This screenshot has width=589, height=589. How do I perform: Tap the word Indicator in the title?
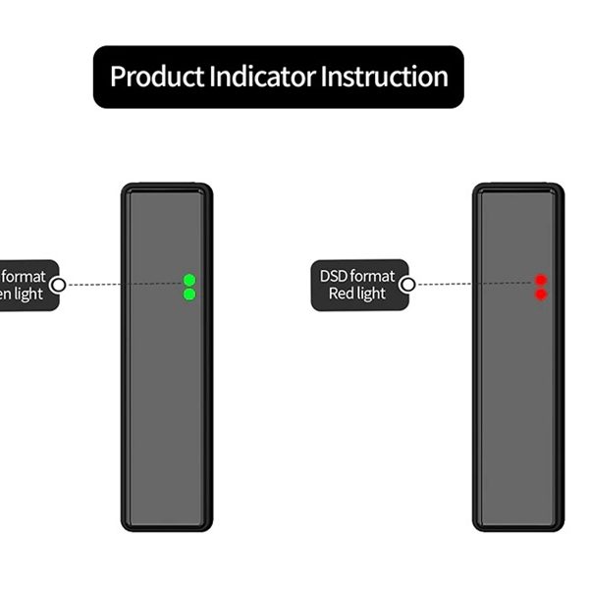[x=262, y=77]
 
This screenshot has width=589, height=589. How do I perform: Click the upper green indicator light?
[x=189, y=280]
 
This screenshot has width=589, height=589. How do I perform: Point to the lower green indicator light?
[x=189, y=294]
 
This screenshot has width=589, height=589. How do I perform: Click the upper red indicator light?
[x=541, y=280]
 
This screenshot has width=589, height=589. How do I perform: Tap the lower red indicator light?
[x=541, y=294]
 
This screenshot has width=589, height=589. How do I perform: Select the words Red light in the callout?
[x=357, y=294]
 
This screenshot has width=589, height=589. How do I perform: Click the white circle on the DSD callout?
[x=407, y=285]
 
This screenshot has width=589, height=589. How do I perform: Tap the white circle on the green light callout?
[x=58, y=285]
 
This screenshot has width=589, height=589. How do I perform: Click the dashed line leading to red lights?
[x=471, y=284]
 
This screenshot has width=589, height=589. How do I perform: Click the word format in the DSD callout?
[x=375, y=276]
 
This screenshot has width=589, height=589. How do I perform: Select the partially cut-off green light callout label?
[x=25, y=285]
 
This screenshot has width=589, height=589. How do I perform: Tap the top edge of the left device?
[x=167, y=186]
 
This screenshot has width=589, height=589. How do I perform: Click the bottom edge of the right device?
[x=518, y=528]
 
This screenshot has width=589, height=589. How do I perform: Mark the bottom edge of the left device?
[x=167, y=528]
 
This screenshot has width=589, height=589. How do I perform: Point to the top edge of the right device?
[x=518, y=186]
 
